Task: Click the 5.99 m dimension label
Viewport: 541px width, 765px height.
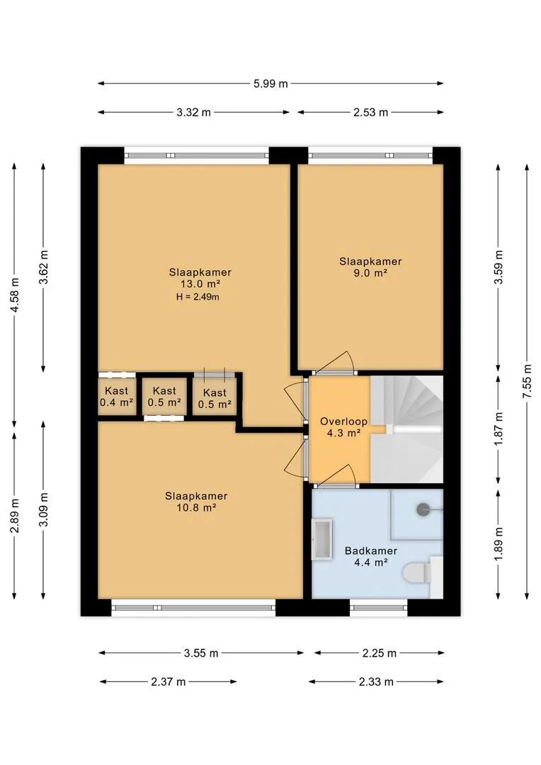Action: point(270,84)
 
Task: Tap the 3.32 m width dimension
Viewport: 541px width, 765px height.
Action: point(193,112)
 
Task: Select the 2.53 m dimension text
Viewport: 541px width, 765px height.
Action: point(371,112)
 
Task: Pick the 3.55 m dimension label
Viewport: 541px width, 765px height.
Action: point(201,653)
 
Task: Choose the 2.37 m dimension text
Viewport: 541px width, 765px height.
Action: point(169,681)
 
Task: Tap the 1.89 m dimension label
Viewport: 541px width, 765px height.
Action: point(498,543)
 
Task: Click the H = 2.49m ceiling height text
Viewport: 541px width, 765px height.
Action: point(198,297)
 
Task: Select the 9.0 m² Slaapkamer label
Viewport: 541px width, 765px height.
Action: point(371,267)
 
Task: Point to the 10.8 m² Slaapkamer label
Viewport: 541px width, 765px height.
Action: point(196,501)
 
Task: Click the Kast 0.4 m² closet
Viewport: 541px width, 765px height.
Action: point(117,397)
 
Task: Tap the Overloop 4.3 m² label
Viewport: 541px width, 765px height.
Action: point(343,427)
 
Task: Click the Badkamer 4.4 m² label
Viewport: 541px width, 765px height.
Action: point(371,556)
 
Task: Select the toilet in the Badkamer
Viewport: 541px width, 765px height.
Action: point(417,573)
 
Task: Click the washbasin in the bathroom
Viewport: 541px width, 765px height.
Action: point(322,539)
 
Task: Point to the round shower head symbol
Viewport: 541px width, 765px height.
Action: point(423,510)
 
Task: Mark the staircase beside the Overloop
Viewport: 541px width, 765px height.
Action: point(407,429)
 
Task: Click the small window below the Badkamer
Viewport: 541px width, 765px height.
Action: point(379,608)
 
